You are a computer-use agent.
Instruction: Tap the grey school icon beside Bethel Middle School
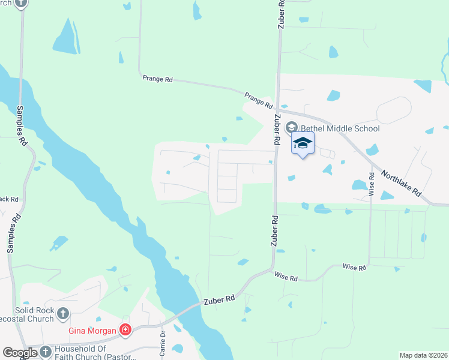click(292, 127)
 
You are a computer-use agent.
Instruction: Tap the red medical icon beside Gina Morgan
click(125, 329)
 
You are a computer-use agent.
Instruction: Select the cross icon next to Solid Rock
click(62, 313)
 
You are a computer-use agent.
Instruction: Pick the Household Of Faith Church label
click(80, 352)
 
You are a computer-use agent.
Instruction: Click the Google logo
click(19, 353)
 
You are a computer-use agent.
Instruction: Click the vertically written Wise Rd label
click(372, 184)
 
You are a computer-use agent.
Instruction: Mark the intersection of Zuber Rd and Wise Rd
click(273, 269)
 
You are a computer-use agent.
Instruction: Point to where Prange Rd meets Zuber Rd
click(278, 109)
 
